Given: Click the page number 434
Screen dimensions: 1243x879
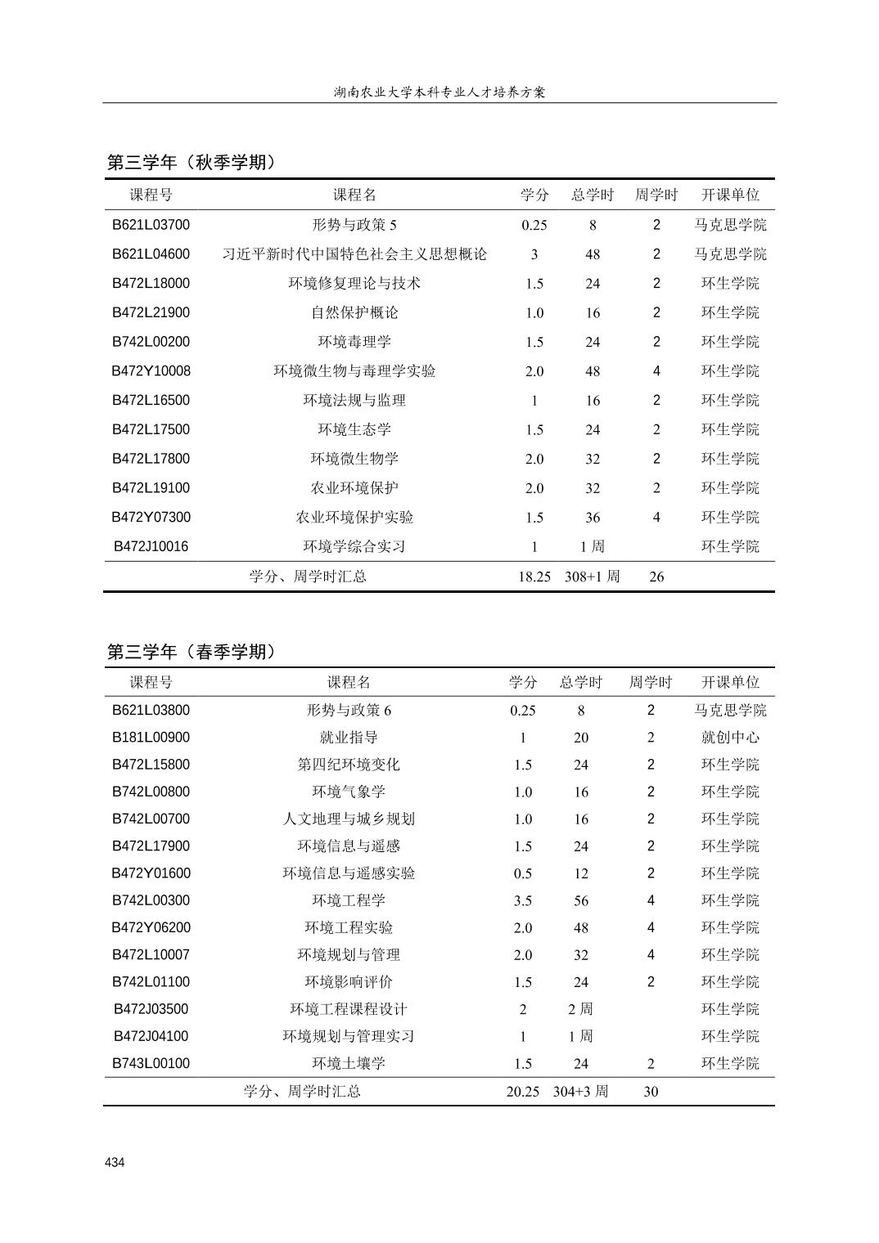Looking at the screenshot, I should [x=115, y=1162].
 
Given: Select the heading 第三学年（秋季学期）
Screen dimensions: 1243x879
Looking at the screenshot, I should [x=192, y=163].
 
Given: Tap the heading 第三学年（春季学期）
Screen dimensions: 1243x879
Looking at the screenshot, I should [x=192, y=652].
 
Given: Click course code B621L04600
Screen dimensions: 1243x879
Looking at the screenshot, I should [x=151, y=254].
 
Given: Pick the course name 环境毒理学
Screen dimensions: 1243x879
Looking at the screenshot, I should [x=354, y=342].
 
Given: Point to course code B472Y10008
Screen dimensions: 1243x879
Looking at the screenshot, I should [x=151, y=371].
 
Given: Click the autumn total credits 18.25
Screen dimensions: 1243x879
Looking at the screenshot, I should [x=534, y=577].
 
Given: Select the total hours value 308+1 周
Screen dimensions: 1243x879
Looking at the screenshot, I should [x=592, y=577].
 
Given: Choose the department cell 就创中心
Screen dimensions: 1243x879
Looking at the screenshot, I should [x=730, y=738].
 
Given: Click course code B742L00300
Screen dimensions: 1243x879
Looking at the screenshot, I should [x=151, y=900].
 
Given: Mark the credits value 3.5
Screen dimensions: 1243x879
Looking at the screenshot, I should [x=523, y=900].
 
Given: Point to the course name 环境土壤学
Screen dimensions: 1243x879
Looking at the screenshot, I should [x=349, y=1063].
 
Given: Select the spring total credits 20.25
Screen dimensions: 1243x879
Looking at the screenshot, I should [x=523, y=1092].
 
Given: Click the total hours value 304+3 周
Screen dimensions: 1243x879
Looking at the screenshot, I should [x=580, y=1092].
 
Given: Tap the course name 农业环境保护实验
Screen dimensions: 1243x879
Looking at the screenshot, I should [x=354, y=518].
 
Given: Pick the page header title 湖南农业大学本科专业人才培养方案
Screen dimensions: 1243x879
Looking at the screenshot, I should [x=439, y=92].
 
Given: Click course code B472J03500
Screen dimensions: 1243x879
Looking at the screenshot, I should [x=151, y=1009].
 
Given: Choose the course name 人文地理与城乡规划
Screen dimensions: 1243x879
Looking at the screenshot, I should [x=349, y=819].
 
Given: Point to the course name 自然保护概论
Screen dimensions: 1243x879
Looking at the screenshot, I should [x=354, y=312].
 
